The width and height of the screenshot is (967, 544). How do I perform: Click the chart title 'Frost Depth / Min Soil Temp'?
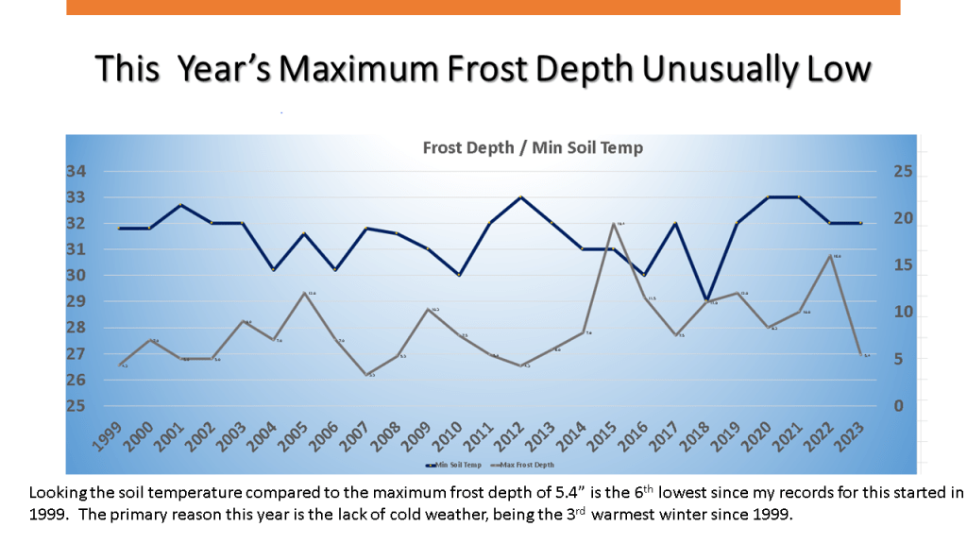533,147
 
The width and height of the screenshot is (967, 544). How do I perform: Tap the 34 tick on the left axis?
76,172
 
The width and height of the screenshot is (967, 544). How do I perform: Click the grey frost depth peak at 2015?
615,224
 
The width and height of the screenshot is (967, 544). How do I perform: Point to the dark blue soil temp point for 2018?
707,300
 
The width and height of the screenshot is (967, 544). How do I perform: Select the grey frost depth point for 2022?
830,256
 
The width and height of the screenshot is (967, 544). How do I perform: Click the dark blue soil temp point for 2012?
521,197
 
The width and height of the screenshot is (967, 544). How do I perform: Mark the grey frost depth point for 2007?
366,375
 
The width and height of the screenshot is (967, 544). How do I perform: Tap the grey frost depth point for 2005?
304,294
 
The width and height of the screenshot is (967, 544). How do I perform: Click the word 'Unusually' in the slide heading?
718,70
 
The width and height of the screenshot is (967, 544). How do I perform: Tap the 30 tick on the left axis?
76,276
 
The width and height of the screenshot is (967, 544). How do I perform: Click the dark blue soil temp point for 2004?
274,270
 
